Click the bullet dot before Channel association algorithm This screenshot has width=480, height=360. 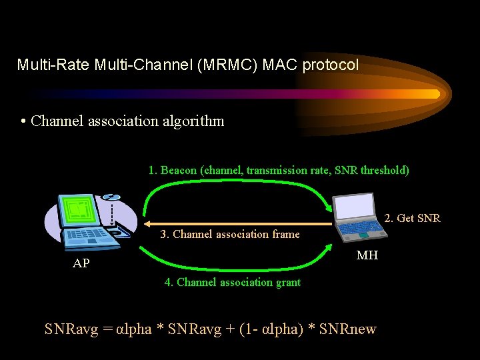tap(23, 121)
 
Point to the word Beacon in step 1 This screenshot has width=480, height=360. tap(178, 170)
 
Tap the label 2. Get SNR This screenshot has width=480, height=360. tap(413, 218)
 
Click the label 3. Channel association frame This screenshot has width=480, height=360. tap(230, 234)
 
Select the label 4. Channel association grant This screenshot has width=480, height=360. tap(233, 282)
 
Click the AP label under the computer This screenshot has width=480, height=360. tap(81, 263)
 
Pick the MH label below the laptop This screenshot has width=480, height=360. tap(367, 254)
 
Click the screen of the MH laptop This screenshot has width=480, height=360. tap(355, 207)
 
